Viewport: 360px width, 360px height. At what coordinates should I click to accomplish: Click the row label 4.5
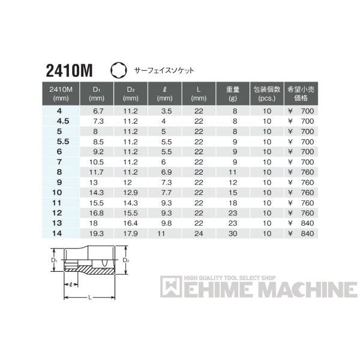click(x=58, y=121)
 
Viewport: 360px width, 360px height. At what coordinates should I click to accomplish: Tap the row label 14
click(x=58, y=232)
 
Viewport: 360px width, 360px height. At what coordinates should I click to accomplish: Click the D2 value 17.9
click(x=130, y=232)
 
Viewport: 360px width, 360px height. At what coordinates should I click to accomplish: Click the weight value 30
click(x=234, y=232)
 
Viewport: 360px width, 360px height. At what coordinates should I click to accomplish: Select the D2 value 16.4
click(x=130, y=221)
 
